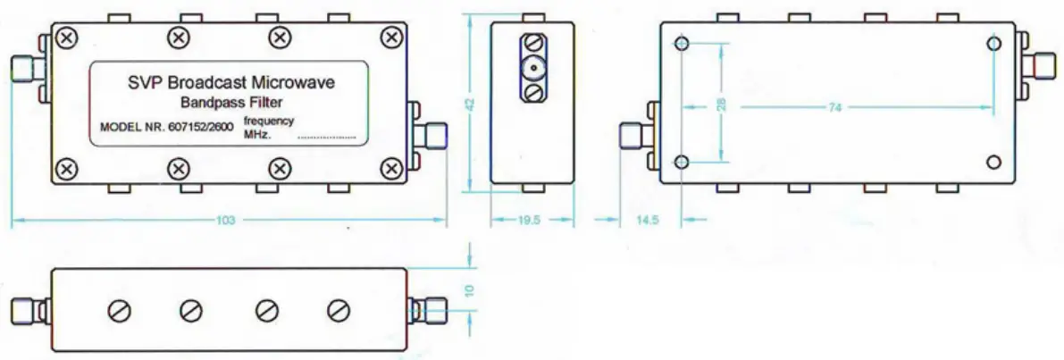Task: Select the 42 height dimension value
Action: [x=470, y=104]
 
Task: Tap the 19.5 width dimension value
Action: [x=532, y=221]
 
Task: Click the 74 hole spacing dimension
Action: [x=835, y=108]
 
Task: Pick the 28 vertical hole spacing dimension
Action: [x=721, y=104]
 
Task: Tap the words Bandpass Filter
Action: [x=231, y=102]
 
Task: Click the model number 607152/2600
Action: [x=200, y=128]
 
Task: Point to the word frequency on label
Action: [x=268, y=121]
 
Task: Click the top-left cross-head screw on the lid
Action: [x=66, y=37]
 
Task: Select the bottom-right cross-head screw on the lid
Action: [x=391, y=167]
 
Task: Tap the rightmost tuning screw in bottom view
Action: [x=339, y=310]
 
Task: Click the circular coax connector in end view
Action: [x=532, y=67]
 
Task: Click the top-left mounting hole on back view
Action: [x=683, y=45]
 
